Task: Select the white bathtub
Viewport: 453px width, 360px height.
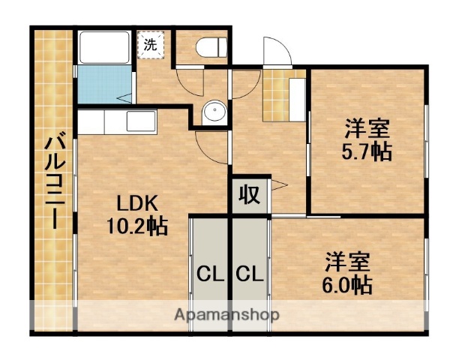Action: (103, 48)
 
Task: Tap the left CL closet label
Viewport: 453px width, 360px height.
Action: (209, 274)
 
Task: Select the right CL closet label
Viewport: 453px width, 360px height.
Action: (249, 274)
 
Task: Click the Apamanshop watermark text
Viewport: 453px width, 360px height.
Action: (226, 315)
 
